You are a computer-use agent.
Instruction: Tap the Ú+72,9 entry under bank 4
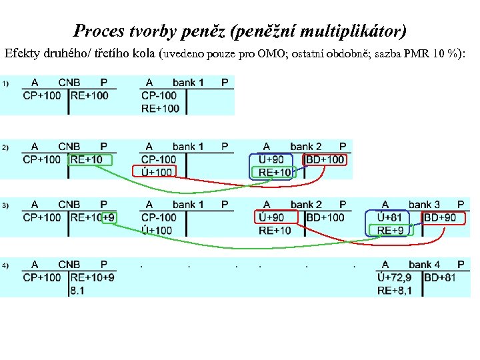395,277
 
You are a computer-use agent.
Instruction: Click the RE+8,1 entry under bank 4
395,290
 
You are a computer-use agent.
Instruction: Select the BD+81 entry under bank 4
440,277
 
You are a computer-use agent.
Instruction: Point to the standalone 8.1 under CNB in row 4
77,290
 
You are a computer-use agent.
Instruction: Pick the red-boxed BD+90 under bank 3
440,217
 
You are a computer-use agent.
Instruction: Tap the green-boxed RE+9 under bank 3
391,230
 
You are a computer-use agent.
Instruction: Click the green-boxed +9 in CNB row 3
109,217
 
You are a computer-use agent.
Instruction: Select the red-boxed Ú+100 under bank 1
157,172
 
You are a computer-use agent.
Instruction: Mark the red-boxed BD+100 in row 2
325,159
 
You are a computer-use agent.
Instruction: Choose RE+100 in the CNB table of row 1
89,96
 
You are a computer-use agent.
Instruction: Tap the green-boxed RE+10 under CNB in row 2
89,159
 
